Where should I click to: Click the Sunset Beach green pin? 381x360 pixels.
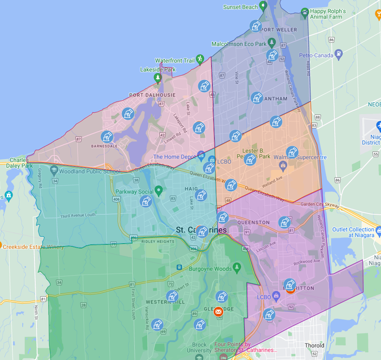[x=263, y=6]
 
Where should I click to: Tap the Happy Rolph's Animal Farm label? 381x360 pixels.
[x=328, y=14]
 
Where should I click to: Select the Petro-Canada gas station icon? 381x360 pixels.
[x=339, y=54]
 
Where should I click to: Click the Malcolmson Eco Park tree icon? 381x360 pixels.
[x=272, y=43]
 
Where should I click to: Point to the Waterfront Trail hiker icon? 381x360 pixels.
[x=200, y=59]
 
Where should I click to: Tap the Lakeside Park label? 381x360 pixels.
[x=158, y=69]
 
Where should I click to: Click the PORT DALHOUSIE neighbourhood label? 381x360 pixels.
[x=152, y=95]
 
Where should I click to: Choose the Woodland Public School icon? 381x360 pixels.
[x=54, y=171]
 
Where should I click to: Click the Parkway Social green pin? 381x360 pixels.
[x=159, y=190]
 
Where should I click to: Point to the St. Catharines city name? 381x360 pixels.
[x=201, y=230]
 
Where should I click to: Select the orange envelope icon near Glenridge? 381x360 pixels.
[x=219, y=311]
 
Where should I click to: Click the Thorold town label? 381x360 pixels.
[x=315, y=345]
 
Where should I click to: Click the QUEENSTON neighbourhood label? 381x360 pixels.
[x=253, y=223]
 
